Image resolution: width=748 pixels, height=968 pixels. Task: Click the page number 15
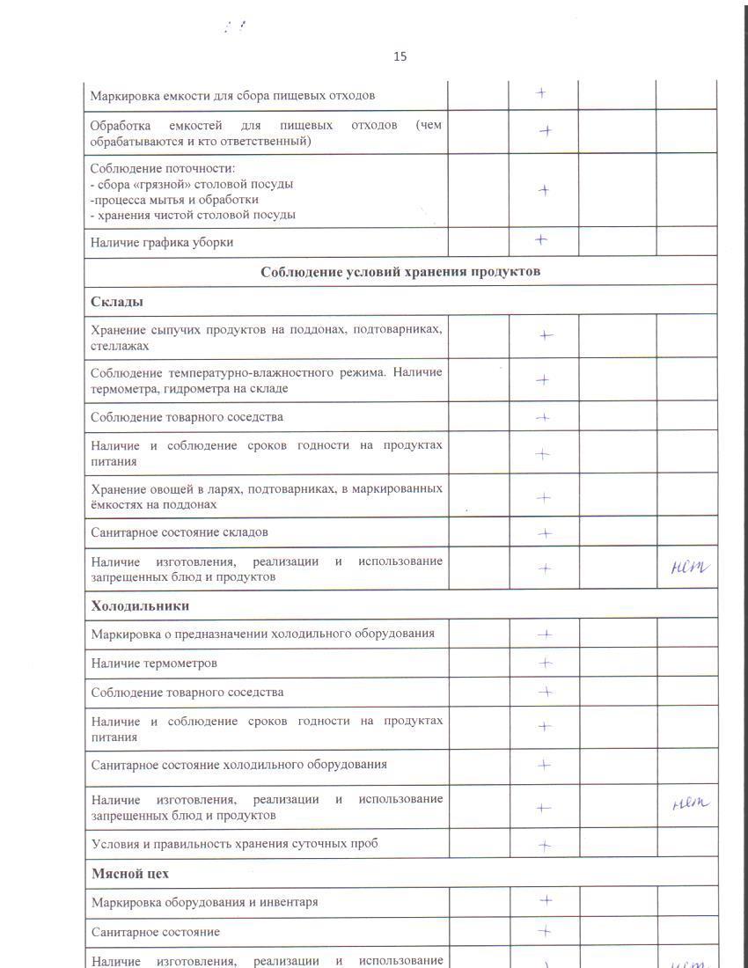pos(400,56)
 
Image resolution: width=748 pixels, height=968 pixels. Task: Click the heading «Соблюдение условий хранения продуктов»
pos(400,271)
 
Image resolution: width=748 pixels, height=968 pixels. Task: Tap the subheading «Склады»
pos(117,301)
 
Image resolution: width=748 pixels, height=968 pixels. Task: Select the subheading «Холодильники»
pos(140,605)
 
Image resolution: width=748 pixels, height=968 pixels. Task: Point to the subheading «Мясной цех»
pos(130,874)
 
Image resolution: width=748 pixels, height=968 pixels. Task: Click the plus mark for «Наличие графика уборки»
pos(541,239)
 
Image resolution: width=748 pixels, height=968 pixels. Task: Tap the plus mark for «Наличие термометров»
pos(545,663)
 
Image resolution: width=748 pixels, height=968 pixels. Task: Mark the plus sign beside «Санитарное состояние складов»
pos(545,532)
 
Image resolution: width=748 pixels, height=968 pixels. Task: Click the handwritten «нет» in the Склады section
pos(688,568)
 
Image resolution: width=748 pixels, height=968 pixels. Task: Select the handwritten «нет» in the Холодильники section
pos(689,802)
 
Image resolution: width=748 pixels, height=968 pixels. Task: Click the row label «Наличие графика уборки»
pos(163,242)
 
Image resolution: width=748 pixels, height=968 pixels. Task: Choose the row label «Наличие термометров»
pos(154,663)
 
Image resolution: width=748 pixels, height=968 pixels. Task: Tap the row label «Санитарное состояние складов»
pos(180,532)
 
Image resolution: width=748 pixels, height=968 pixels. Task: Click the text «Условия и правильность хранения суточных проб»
pos(235,844)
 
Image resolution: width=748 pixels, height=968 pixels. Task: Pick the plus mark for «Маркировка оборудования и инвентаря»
pos(546,900)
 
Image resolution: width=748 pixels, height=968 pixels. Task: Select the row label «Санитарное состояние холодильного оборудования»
pos(239,765)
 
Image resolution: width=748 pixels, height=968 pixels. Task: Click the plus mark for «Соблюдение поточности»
pos(545,190)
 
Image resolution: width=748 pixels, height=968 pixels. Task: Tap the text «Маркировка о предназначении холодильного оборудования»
pos(263,634)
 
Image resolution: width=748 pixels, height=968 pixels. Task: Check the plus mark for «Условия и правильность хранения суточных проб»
pos(545,846)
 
